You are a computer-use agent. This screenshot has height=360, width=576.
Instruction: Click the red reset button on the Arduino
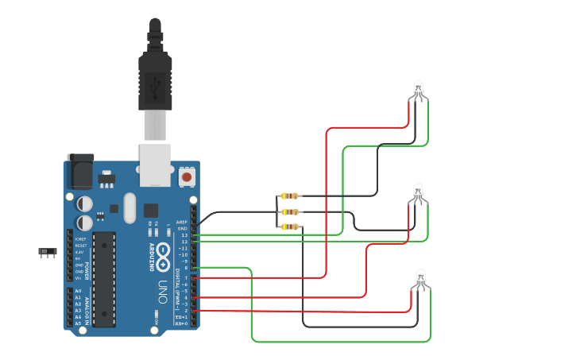point(187,176)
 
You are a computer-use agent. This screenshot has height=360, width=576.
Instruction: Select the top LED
point(419,89)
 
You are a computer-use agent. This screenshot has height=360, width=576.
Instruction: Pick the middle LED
point(419,192)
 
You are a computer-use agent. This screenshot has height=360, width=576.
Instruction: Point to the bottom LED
point(421,278)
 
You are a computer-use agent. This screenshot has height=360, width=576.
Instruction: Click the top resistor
point(290,195)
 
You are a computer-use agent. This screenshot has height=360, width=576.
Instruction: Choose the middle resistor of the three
point(290,211)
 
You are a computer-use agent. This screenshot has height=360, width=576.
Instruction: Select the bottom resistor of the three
point(290,226)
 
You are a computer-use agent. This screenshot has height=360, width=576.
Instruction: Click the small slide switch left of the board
point(48,252)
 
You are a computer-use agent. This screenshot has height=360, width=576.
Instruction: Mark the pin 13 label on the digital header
point(185,235)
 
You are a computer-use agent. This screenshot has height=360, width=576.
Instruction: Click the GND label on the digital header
point(184,229)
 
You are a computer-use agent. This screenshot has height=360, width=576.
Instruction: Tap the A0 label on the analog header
point(78,291)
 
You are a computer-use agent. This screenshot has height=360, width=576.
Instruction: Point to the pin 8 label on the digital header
point(186,268)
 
